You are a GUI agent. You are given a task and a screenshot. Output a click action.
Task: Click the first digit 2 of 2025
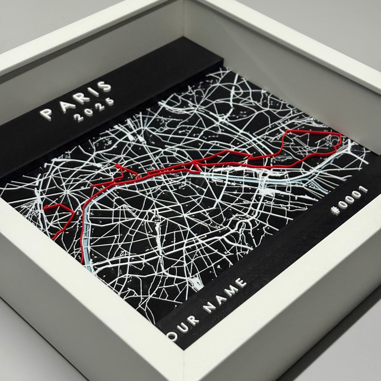coord(79,118)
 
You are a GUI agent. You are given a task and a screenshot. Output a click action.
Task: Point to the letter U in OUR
coord(182,327)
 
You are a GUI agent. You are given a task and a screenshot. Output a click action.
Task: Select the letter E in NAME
coord(242,284)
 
